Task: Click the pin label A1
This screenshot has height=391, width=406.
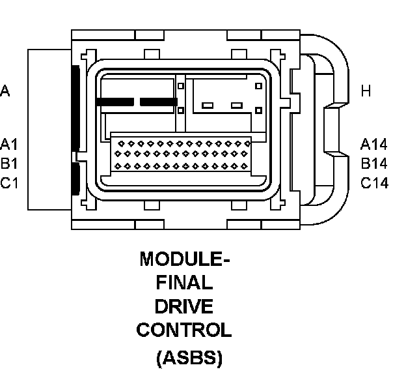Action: coord(9,144)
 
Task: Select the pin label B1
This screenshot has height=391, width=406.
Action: coord(9,164)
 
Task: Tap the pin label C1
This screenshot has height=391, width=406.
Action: coord(9,183)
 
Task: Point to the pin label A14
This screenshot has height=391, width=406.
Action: coord(374,144)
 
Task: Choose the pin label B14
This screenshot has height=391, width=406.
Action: coord(374,164)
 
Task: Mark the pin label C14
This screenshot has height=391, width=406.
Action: coord(374,183)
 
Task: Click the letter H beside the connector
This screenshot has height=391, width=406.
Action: coord(366,91)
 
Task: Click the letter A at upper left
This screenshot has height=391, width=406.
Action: coord(5,91)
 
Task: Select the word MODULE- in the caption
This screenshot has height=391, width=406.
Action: coord(185,259)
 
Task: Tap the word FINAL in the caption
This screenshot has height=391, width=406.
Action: coord(184,282)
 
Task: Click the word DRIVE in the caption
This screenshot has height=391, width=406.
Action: coord(184,306)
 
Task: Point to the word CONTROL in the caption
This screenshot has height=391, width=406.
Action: coord(184,330)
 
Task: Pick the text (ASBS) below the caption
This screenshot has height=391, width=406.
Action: coord(189,358)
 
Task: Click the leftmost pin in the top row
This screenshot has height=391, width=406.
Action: coord(121,143)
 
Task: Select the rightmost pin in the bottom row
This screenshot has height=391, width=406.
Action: coord(244,166)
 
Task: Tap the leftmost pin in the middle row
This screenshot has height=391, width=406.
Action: coord(118,154)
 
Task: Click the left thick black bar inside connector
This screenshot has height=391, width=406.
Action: coord(115,102)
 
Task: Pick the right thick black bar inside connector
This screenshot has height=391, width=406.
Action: coord(159,102)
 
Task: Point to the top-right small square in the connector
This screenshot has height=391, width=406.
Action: coord(259,86)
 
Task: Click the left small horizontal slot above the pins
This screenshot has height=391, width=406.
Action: coord(208,106)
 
